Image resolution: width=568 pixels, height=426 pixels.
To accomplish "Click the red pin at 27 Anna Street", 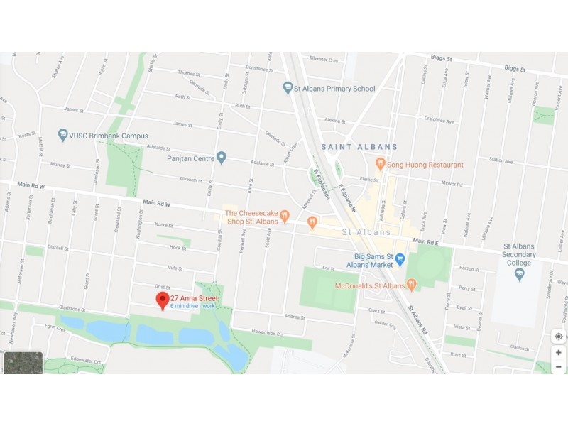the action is pyautogui.click(x=163, y=300).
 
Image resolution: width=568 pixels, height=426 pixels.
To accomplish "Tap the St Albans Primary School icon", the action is pyautogui.click(x=288, y=89).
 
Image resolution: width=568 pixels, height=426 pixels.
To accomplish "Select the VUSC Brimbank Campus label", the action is pyautogui.click(x=109, y=136).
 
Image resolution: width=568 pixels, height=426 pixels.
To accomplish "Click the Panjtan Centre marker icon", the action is pyautogui.click(x=222, y=157).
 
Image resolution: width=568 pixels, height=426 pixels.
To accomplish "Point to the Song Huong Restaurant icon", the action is pyautogui.click(x=381, y=164).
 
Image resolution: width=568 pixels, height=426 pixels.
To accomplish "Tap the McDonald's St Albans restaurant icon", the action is pyautogui.click(x=411, y=285).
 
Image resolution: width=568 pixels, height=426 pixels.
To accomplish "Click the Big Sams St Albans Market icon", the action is pyautogui.click(x=400, y=260).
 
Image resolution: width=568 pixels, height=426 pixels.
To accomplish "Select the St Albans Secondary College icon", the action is pyautogui.click(x=519, y=273).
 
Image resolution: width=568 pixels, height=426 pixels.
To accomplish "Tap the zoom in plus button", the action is pyautogui.click(x=559, y=353).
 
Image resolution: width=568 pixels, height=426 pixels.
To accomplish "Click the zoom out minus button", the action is pyautogui.click(x=559, y=366).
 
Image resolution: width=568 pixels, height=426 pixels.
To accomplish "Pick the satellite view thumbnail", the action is pyautogui.click(x=23, y=362).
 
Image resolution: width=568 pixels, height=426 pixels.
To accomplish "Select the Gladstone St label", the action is pyautogui.click(x=73, y=310).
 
